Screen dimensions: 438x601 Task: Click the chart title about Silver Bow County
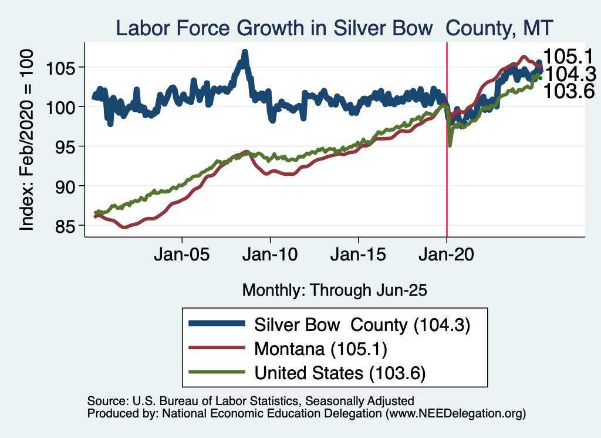click(335, 28)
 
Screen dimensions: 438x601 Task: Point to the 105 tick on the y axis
click(63, 67)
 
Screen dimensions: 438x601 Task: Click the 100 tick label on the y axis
click(63, 106)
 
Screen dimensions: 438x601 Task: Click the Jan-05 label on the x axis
click(182, 257)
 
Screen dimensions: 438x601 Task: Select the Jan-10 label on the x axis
click(270, 257)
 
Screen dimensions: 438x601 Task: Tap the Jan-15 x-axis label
click(359, 257)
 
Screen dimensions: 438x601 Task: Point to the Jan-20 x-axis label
click(447, 257)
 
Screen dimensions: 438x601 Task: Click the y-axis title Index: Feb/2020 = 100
click(28, 139)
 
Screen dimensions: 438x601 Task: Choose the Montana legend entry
click(320, 349)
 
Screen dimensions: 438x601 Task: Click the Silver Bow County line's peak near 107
click(245, 53)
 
